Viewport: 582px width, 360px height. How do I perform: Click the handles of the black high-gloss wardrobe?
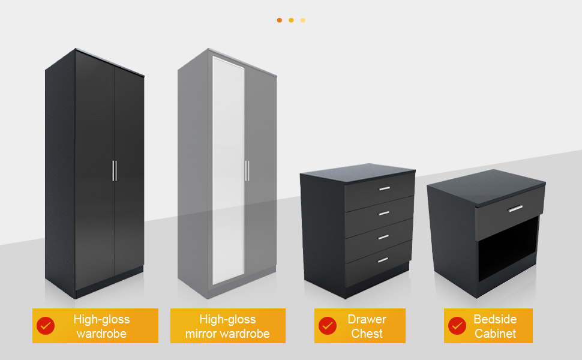pyautogui.click(x=114, y=170)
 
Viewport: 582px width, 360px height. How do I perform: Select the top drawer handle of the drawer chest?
pyautogui.click(x=383, y=190)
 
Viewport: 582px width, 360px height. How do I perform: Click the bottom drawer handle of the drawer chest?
pyautogui.click(x=382, y=260)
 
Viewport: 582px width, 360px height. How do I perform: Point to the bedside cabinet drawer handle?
pyautogui.click(x=515, y=209)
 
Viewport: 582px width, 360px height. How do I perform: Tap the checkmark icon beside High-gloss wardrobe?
pyautogui.click(x=46, y=326)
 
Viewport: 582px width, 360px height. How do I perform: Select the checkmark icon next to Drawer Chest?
pyautogui.click(x=327, y=326)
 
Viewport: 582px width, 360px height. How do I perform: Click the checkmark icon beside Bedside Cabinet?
pyautogui.click(x=457, y=326)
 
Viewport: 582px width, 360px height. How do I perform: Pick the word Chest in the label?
pyautogui.click(x=367, y=334)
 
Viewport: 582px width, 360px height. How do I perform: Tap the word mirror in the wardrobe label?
pyautogui.click(x=201, y=334)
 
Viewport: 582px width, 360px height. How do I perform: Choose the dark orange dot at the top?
pyautogui.click(x=280, y=20)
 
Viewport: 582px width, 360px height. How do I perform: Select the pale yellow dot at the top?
pyautogui.click(x=303, y=20)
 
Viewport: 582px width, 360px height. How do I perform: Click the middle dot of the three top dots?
pyautogui.click(x=291, y=20)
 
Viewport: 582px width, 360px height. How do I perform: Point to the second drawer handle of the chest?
pyautogui.click(x=383, y=214)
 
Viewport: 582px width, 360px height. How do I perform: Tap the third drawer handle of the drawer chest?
pyautogui.click(x=382, y=237)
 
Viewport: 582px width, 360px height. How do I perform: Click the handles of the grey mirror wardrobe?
pyautogui.click(x=247, y=170)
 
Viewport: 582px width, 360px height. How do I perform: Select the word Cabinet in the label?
pyautogui.click(x=495, y=334)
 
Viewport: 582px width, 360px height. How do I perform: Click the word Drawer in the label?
pyautogui.click(x=367, y=319)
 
